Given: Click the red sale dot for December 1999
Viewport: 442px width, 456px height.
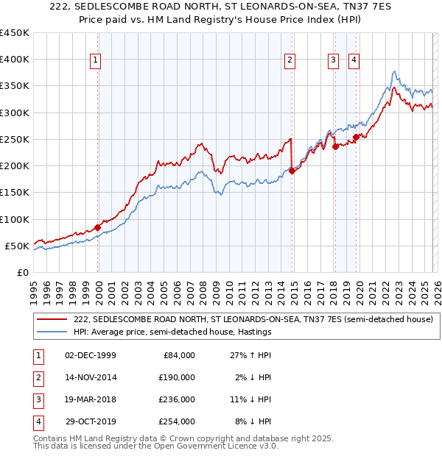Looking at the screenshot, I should tap(97, 227).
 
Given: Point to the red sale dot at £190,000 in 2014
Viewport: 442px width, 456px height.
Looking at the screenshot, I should tap(292, 171).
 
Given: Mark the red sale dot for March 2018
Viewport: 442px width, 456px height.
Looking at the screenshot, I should tap(335, 146).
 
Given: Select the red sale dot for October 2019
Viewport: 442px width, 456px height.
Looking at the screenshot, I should tap(356, 137).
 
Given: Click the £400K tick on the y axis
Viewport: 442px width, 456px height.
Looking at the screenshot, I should tap(15, 60).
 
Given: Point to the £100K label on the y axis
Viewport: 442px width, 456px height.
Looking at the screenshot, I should tap(15, 219).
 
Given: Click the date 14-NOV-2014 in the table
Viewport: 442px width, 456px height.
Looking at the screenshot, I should tap(91, 377).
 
